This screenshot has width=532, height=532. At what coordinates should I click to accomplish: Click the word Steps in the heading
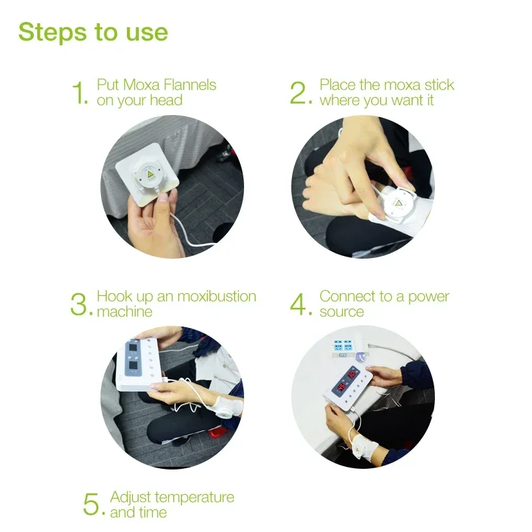click(x=53, y=33)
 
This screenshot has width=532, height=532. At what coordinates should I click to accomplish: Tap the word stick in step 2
click(x=440, y=85)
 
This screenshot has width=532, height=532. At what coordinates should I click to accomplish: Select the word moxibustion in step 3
click(x=217, y=296)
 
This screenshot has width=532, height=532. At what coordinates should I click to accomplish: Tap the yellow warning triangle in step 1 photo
click(x=150, y=174)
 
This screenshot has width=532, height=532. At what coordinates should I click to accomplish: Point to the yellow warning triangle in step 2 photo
click(x=398, y=203)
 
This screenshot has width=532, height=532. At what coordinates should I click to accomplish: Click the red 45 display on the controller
click(x=341, y=387)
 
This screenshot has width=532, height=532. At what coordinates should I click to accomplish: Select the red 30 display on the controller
click(x=351, y=375)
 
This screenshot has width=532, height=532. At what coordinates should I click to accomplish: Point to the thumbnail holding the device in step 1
click(x=162, y=198)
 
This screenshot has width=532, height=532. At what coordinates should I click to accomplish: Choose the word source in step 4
click(x=342, y=312)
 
